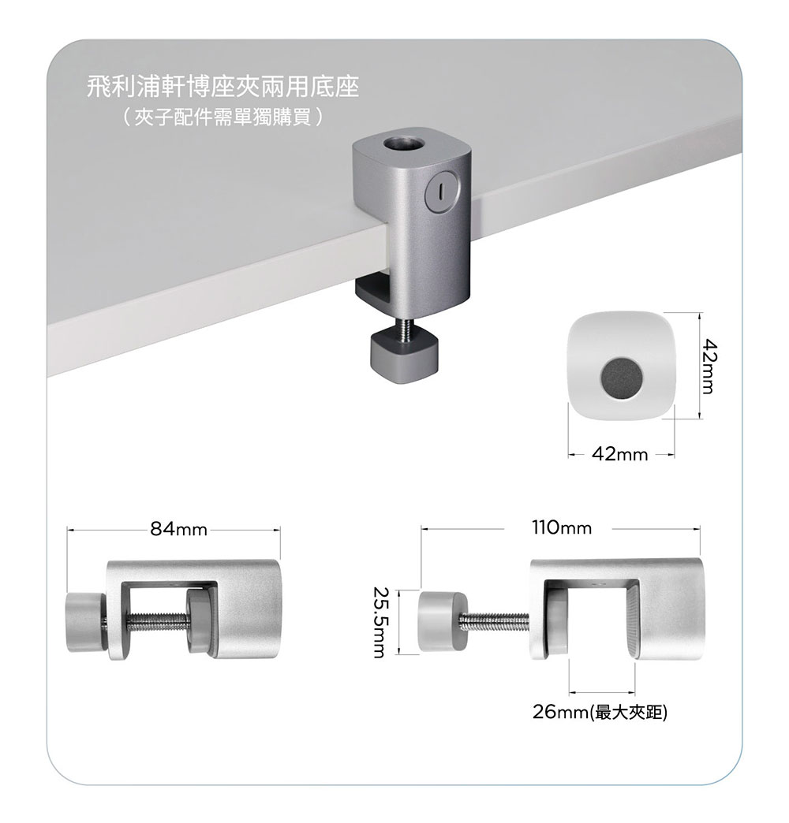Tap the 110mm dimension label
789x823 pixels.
[562, 527]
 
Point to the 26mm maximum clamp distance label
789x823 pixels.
[600, 713]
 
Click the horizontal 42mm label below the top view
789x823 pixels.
[620, 454]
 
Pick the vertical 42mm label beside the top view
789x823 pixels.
[709, 366]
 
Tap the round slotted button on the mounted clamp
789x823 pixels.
[441, 192]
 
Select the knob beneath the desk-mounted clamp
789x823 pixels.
[404, 355]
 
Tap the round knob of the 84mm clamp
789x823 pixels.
[85, 622]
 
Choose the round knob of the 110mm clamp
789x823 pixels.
[442, 621]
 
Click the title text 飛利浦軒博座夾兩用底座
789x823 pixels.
[222, 87]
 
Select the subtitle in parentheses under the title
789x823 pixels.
[222, 117]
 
